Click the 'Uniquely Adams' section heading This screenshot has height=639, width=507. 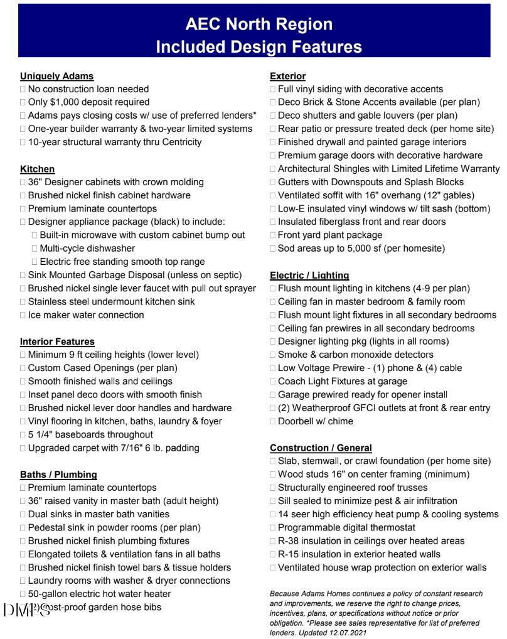click(56, 76)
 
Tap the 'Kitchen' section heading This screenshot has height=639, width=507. click(37, 169)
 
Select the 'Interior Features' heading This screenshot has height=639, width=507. click(57, 341)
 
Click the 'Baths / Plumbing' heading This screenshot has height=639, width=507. click(58, 474)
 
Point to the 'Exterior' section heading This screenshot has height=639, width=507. click(287, 76)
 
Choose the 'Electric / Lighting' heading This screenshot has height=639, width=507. click(309, 275)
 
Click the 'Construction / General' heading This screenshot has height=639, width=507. click(321, 448)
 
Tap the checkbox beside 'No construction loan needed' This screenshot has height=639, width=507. click(23, 89)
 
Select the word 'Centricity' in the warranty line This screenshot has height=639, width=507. click(179, 142)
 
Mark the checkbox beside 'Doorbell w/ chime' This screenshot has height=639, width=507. click(273, 422)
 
